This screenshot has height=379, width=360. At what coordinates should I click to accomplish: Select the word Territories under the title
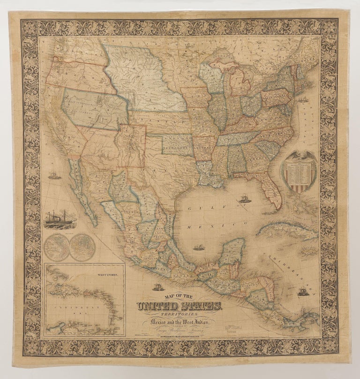coord(180,316)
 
